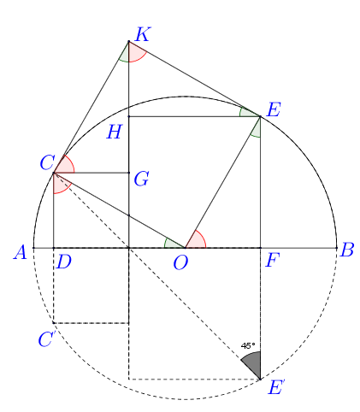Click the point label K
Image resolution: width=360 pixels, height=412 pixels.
[x=143, y=34]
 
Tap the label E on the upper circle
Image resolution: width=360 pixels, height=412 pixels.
[x=274, y=109]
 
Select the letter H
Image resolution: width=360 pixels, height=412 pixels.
[x=115, y=132]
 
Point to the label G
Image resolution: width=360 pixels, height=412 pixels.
[x=141, y=179]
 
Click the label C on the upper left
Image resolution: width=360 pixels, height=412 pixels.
[x=47, y=162]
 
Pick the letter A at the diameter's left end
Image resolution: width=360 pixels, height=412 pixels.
[x=21, y=252]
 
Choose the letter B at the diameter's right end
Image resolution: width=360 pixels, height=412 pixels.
[x=347, y=250]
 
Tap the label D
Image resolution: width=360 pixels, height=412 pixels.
[x=64, y=262]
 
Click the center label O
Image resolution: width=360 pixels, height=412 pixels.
[x=180, y=262]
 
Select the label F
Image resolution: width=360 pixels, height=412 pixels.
[x=272, y=260]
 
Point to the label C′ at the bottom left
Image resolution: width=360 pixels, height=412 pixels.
[x=46, y=338]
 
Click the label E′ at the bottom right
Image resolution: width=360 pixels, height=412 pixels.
[x=276, y=387]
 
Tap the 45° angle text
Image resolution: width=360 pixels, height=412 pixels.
[x=248, y=345]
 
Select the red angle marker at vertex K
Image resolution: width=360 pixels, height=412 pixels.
[x=136, y=53]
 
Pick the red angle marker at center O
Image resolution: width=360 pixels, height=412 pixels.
[x=197, y=241]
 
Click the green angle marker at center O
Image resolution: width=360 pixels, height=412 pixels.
[x=172, y=244]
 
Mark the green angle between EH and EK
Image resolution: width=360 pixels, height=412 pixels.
[x=247, y=113]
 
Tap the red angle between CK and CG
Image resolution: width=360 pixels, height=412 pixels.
[x=65, y=166]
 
